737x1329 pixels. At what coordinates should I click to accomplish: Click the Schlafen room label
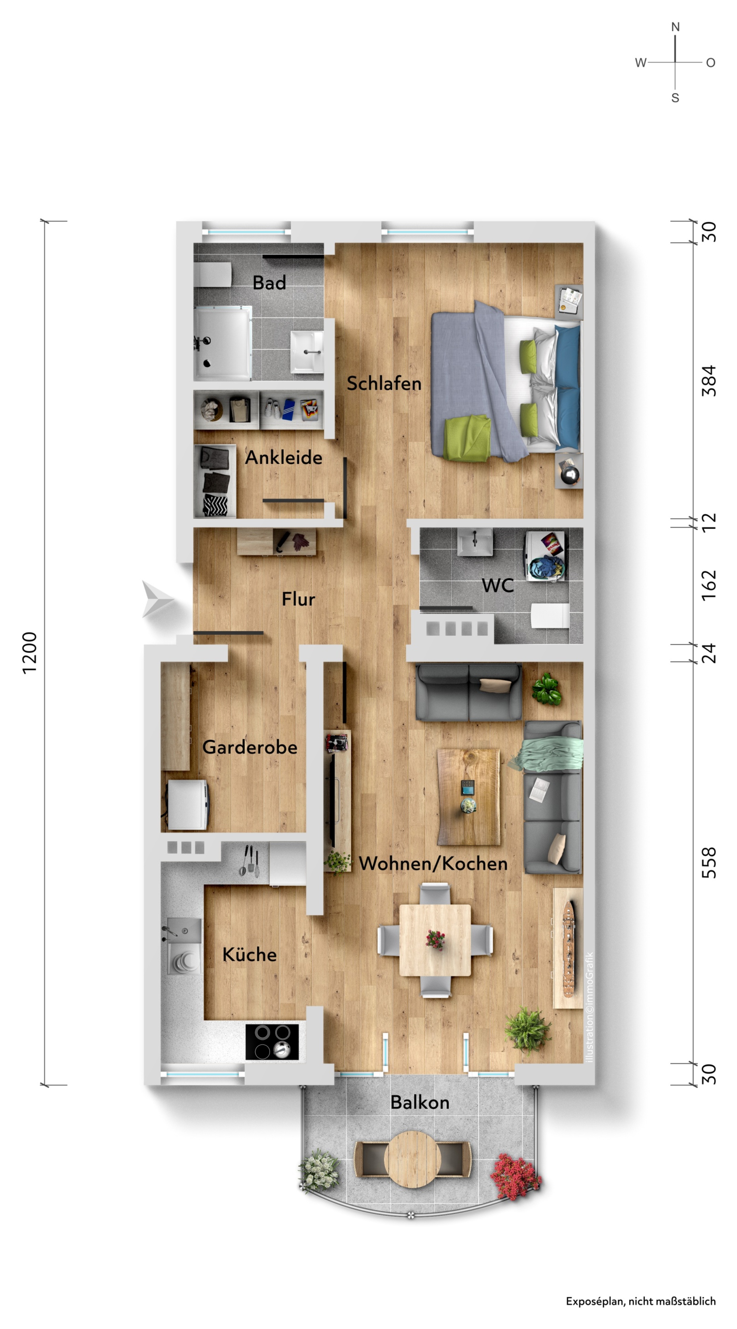[384, 383]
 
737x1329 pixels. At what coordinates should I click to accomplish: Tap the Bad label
[269, 283]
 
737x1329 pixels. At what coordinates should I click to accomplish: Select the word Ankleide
[284, 457]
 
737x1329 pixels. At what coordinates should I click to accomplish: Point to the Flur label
[298, 599]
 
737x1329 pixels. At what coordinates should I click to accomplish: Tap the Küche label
[249, 955]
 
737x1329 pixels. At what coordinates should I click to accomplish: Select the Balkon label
[420, 1103]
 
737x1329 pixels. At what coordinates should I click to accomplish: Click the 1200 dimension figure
[30, 653]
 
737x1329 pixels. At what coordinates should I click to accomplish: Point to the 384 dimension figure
[709, 381]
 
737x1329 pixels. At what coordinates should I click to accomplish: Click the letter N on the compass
[675, 27]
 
